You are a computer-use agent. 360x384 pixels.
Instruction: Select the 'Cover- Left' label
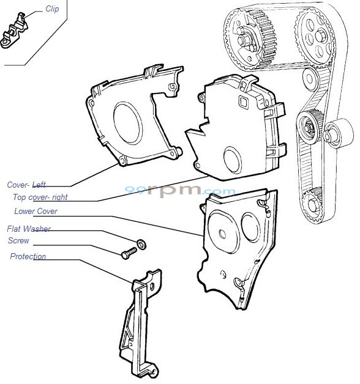click(26, 184)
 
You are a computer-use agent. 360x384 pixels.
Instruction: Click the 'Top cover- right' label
click(40, 198)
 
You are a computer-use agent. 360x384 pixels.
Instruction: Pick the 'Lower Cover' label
click(36, 212)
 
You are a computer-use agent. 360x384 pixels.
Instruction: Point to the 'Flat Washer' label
click(29, 229)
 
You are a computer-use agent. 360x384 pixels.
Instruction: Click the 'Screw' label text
click(18, 241)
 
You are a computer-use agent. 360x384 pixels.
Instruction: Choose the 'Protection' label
click(28, 256)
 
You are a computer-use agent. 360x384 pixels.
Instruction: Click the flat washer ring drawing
click(141, 244)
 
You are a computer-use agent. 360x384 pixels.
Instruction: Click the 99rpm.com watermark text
click(180, 191)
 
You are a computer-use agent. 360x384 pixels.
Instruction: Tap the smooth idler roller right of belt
click(339, 131)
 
